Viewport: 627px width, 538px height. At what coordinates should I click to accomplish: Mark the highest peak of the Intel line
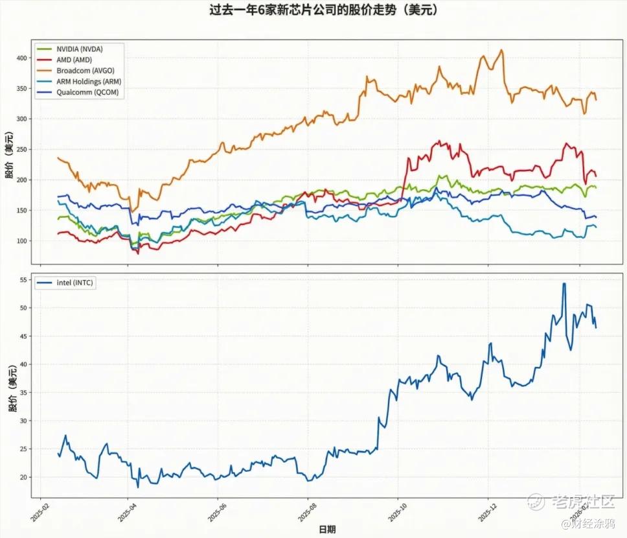coord(564,283)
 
